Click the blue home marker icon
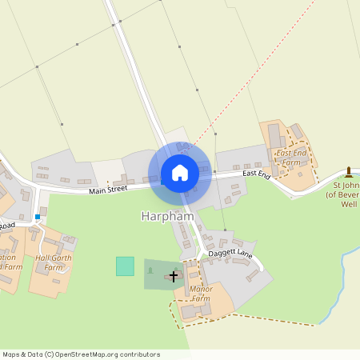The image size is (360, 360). (180, 172)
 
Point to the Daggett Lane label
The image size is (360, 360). (230, 255)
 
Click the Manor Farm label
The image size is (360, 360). (199, 294)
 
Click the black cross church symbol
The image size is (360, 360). (174, 275)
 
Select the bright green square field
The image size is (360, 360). (125, 266)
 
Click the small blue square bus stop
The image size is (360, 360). (38, 216)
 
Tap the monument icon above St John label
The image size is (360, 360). (348, 171)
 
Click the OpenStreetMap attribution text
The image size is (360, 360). (81, 354)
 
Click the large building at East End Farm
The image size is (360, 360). (277, 137)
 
